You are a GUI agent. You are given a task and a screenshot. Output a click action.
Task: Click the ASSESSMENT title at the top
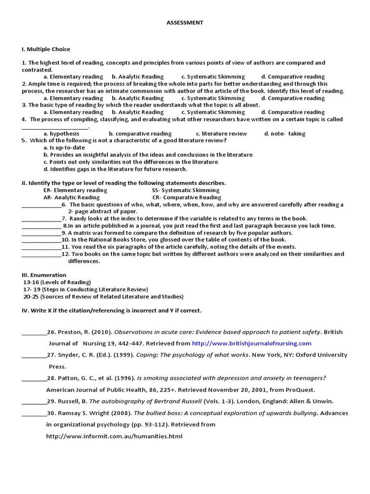pos(185,23)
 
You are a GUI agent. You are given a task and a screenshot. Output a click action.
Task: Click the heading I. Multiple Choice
pos(46,49)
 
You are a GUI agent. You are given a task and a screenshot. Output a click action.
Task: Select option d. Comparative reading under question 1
pos(293,77)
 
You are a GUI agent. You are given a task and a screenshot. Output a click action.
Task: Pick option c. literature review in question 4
pos(222,134)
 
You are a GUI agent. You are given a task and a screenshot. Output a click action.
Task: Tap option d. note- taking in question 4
pos(285,134)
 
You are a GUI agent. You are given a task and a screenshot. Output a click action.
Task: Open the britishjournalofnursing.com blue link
pos(251,343)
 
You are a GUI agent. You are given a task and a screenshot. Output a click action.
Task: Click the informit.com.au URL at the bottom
pos(114,436)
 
